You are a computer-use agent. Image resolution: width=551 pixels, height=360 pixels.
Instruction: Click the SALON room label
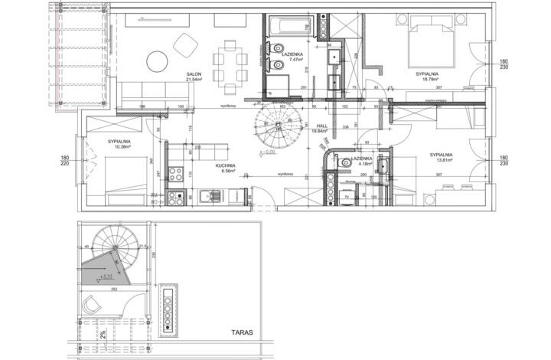pyautogui.click(x=194, y=74)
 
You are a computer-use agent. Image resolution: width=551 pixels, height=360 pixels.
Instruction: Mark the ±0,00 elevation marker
pyautogui.click(x=269, y=152)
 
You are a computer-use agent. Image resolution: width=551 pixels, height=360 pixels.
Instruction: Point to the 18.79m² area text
pyautogui.click(x=427, y=80)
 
